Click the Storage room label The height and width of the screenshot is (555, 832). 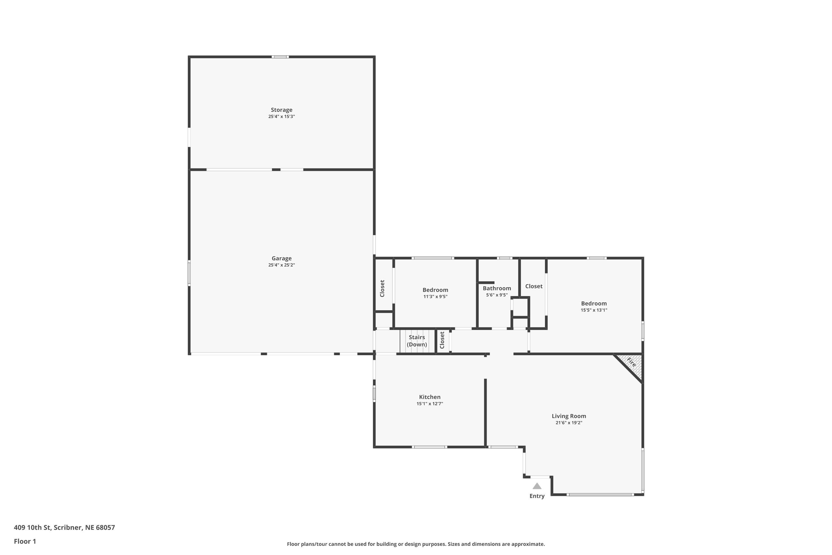(x=281, y=110)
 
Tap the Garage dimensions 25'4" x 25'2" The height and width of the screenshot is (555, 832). (x=281, y=265)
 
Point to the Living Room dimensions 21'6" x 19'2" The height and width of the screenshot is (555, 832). (x=569, y=423)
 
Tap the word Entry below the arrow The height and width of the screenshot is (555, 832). (x=537, y=496)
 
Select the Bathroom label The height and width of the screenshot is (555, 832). (x=497, y=288)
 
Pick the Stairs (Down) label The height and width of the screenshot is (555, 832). (x=417, y=340)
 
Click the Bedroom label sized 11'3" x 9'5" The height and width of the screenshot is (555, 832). (x=435, y=290)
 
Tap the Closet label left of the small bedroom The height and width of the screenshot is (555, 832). (x=382, y=289)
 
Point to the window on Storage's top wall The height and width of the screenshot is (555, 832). (x=280, y=57)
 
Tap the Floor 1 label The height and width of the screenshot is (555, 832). (x=25, y=541)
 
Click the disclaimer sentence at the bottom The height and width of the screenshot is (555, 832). (x=416, y=544)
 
